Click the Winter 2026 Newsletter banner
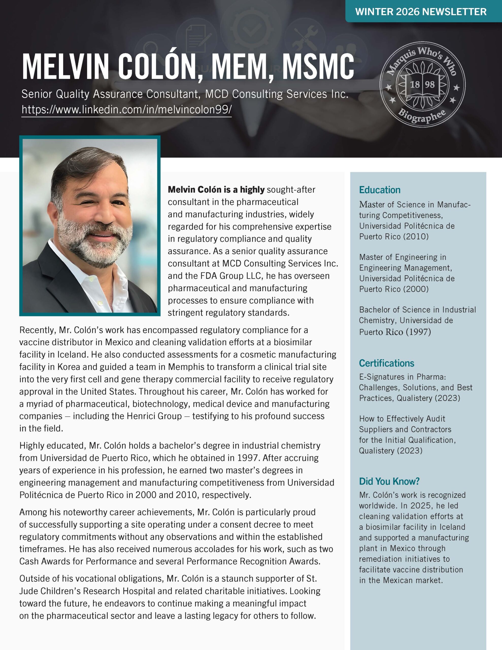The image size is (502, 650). pos(421,12)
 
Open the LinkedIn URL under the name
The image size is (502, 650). pos(126,109)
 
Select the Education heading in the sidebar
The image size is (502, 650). pos(379,190)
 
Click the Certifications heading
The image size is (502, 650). pos(386,363)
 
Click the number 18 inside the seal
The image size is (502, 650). pos(415,85)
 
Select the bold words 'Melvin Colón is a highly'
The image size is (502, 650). pos(216,190)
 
